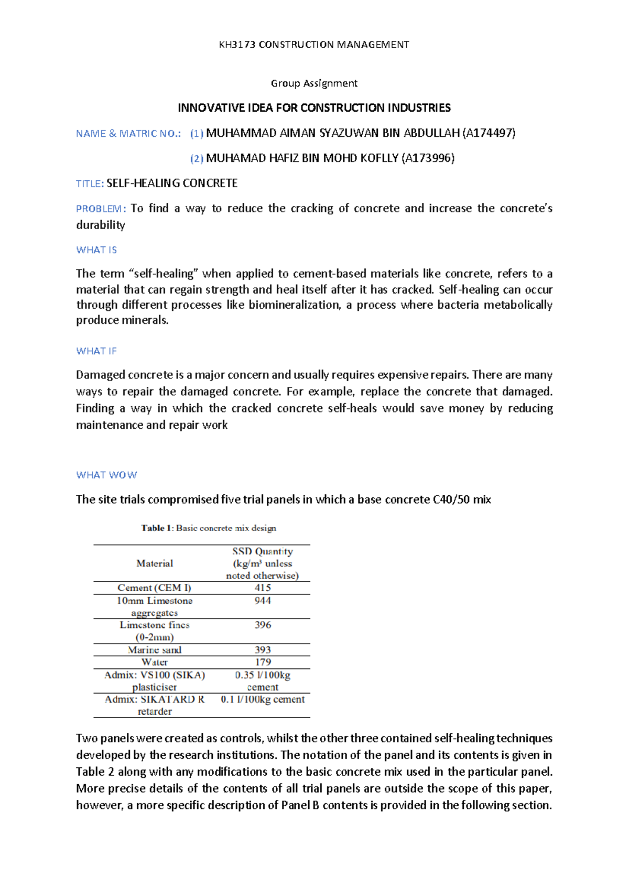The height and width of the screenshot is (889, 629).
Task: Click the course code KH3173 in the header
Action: [x=237, y=45]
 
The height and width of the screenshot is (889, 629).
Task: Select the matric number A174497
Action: [x=489, y=133]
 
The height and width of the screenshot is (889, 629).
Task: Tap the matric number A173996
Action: [x=427, y=158]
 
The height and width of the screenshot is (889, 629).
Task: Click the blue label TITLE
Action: [x=88, y=183]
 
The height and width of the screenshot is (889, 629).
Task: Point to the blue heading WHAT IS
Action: [x=96, y=250]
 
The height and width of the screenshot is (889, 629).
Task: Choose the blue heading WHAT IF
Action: [x=96, y=351]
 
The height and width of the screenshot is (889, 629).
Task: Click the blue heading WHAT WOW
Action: [x=106, y=475]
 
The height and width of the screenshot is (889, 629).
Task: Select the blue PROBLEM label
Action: [x=100, y=209]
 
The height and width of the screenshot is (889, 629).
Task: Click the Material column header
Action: [x=155, y=563]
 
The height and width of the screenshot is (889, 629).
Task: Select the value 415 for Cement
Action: [x=263, y=588]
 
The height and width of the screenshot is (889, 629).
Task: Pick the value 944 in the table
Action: [x=263, y=601]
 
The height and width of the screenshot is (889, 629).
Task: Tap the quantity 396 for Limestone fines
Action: [x=263, y=625]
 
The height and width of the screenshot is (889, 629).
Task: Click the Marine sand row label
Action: [x=155, y=650]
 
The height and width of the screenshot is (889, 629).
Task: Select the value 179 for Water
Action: [x=263, y=662]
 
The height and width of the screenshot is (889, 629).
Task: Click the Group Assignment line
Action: [x=314, y=83]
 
